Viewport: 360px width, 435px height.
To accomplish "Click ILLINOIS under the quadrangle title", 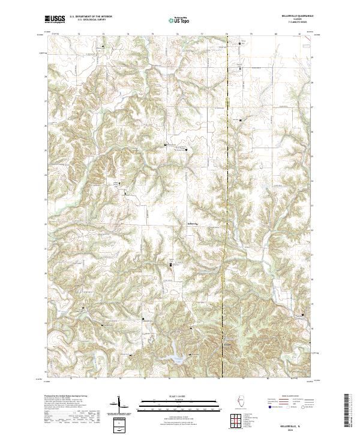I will tap(298, 20).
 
